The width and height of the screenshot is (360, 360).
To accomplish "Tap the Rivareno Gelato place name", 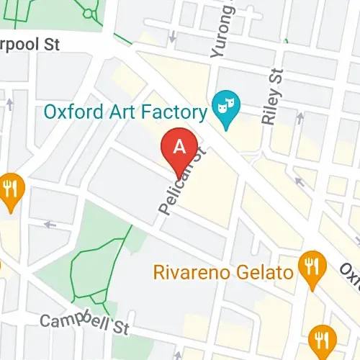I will coord(223,273).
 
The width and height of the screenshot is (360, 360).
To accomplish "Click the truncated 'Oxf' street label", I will coord(350,272).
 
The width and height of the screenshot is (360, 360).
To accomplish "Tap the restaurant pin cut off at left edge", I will coord(10,190).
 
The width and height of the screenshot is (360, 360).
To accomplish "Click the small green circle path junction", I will coord(89,13).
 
